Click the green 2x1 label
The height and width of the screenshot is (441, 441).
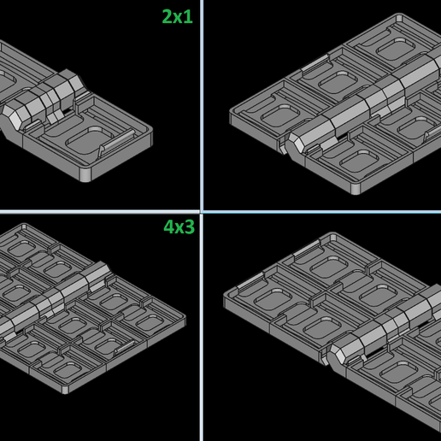[177, 16]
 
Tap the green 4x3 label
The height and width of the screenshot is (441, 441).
[179, 226]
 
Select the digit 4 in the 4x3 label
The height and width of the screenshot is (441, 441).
[168, 226]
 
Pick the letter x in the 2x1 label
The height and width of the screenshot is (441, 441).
[178, 18]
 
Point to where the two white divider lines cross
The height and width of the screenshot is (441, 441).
[202, 212]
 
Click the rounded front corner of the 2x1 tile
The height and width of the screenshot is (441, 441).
[85, 174]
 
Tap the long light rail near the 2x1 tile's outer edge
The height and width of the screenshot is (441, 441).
[117, 142]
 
